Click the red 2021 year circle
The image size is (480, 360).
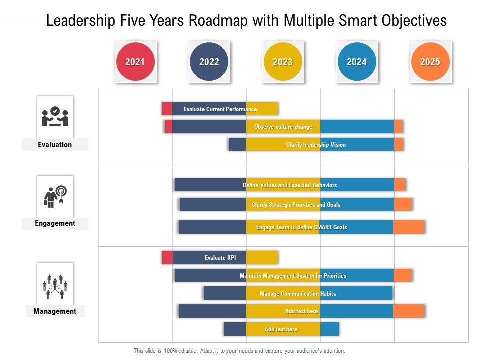click(x=135, y=62)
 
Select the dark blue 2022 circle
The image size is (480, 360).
click(x=209, y=62)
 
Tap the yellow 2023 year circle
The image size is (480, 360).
click(x=283, y=62)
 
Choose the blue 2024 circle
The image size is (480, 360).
click(x=356, y=62)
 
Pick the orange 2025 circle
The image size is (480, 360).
click(x=430, y=62)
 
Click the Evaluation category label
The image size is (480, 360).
click(x=55, y=145)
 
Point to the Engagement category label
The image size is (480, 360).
click(x=55, y=223)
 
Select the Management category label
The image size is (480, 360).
click(x=55, y=311)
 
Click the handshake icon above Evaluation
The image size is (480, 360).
click(x=55, y=117)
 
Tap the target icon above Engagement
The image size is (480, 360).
click(x=55, y=196)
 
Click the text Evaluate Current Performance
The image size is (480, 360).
click(x=220, y=109)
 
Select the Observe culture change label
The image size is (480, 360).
click(x=283, y=127)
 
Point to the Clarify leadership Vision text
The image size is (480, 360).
click(x=316, y=145)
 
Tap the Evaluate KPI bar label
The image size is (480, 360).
click(x=220, y=258)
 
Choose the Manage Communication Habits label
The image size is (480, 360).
click(x=298, y=294)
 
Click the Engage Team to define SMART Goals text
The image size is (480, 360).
click(x=301, y=227)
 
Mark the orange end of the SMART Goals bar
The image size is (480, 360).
click(x=409, y=227)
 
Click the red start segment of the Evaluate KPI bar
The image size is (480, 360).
click(x=167, y=258)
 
